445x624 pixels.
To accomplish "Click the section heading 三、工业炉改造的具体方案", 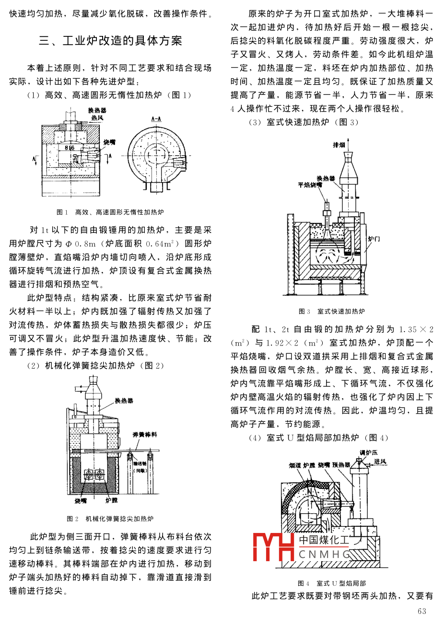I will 110,41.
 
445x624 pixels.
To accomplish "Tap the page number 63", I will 422,611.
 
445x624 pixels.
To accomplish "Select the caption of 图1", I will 110,212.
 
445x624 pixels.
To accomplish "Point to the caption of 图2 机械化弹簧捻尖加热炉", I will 110,519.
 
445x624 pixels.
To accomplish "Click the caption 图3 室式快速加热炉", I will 332,312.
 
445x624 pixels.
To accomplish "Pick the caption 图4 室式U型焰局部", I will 332,583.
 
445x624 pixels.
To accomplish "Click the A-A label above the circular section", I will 155,117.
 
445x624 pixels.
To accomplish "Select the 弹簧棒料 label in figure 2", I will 145,435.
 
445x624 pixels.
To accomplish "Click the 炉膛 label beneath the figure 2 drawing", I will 111,501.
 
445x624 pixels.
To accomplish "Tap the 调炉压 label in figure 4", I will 368,452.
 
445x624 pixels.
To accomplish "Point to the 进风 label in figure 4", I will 380,462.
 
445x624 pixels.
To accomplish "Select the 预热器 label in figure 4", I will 341,465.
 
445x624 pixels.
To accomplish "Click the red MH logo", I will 273,546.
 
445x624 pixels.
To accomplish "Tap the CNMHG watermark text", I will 324,555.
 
